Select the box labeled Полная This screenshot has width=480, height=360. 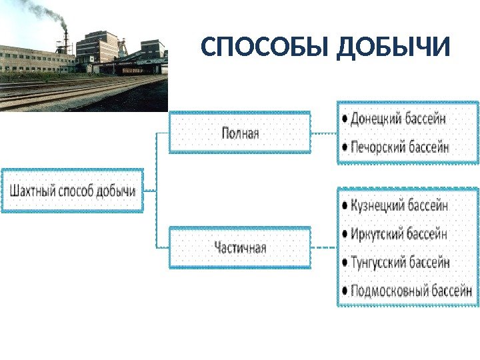point(240,133)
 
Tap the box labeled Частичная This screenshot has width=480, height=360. point(240,248)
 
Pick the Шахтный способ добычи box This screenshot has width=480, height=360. point(72,191)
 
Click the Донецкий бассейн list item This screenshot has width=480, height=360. point(399,119)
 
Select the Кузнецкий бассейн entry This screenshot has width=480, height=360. point(399,205)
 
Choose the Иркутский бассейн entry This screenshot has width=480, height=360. point(399,234)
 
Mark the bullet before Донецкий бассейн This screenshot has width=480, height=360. point(344,119)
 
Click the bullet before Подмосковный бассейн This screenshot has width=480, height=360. point(344,291)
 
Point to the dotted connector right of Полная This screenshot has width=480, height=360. point(325,133)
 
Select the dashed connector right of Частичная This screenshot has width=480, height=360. point(325,248)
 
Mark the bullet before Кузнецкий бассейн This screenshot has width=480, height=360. point(344,206)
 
